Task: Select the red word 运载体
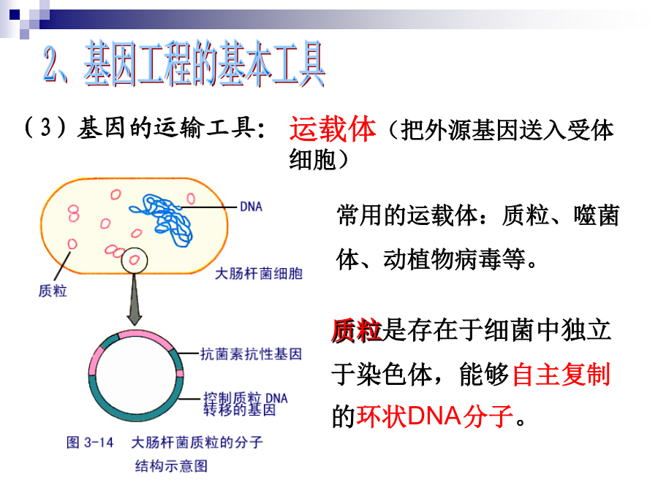tap(333, 129)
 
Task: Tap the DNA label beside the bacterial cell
tap(251, 207)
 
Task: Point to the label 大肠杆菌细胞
tap(259, 274)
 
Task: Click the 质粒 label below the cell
tap(53, 291)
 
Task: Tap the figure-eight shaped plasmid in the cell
tap(73, 213)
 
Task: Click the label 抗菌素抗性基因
tap(251, 354)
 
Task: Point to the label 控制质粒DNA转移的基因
tap(246, 404)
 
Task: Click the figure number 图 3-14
tap(90, 443)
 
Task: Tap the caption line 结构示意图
tap(171, 466)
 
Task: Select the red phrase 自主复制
tap(561, 374)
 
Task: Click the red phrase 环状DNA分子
tap(435, 416)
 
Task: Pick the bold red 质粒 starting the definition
tap(356, 330)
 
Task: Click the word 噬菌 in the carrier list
tap(597, 215)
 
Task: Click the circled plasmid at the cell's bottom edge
tap(135, 260)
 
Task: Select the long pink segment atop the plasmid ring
tap(145, 338)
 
